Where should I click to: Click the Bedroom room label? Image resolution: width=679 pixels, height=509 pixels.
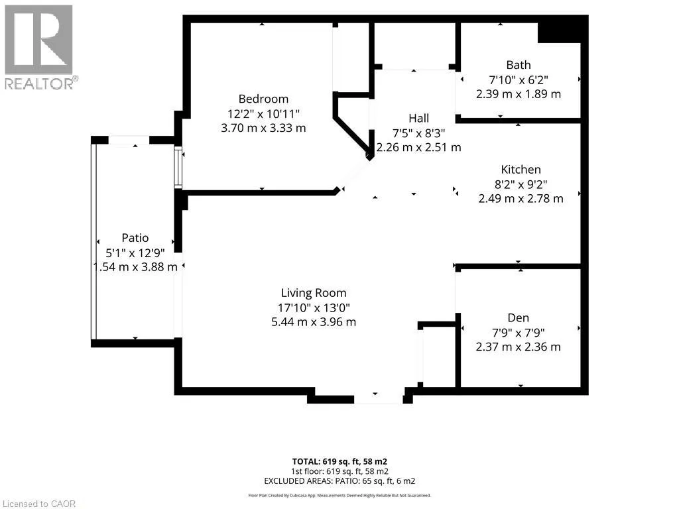(x=263, y=99)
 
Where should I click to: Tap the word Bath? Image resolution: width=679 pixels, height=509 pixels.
(x=519, y=65)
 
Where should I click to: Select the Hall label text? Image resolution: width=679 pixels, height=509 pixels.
(x=419, y=118)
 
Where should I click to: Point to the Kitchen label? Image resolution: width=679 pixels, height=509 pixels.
(x=521, y=169)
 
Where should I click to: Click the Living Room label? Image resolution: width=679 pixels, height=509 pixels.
(x=314, y=293)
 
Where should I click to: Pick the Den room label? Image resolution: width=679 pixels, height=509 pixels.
(x=518, y=317)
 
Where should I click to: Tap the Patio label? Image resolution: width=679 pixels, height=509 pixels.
(x=135, y=238)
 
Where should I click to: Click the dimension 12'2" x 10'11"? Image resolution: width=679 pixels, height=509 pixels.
(x=263, y=114)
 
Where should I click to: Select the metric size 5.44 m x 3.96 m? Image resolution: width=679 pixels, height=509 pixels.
(x=314, y=322)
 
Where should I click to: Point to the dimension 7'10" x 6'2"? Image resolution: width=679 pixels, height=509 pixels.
(x=519, y=80)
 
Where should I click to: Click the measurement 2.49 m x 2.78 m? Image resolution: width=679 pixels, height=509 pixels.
(x=521, y=199)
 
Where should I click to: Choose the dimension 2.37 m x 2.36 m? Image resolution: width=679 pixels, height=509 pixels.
(x=518, y=347)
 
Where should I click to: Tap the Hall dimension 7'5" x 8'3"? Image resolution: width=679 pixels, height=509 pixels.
(x=419, y=133)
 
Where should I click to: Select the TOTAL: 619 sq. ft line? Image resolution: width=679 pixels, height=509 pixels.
(x=339, y=461)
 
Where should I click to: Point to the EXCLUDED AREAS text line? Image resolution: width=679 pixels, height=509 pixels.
(x=339, y=481)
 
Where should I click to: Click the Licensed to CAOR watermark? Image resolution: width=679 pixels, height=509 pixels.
(x=39, y=504)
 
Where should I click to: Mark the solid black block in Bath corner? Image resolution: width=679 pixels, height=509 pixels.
(x=559, y=32)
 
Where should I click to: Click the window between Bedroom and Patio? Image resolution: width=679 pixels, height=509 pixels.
(x=178, y=168)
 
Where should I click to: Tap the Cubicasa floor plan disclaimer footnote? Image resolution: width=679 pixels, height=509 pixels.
(x=339, y=496)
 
